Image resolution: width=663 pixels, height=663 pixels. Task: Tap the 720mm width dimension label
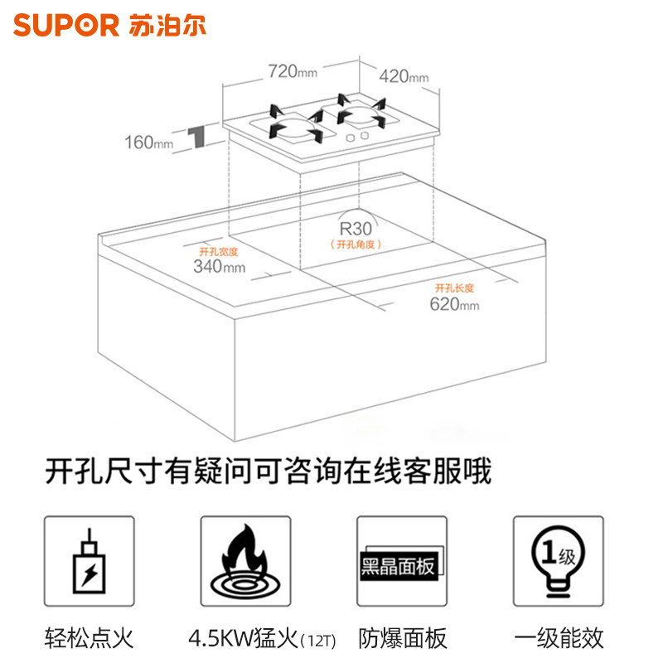(293, 71)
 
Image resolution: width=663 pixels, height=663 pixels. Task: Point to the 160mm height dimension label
(150, 142)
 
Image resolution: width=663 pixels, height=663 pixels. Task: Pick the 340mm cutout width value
(219, 266)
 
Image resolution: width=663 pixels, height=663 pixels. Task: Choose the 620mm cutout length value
(454, 304)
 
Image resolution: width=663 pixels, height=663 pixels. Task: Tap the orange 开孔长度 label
(454, 288)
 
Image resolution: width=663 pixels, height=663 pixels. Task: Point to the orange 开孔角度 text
(355, 244)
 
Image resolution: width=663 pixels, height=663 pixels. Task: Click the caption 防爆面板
(403, 638)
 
